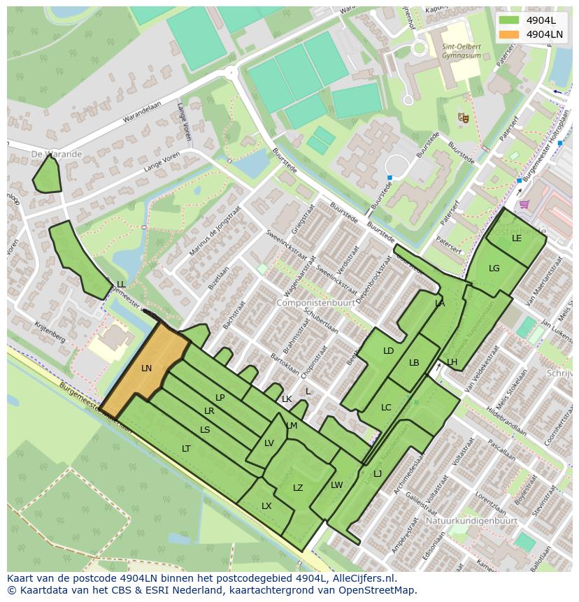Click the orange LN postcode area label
(x=146, y=368)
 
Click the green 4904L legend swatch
(x=510, y=20)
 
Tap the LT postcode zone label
(x=186, y=449)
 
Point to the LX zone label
(x=266, y=506)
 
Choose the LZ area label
(x=298, y=488)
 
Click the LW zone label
(x=337, y=485)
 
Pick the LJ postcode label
(x=378, y=474)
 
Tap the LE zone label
(x=517, y=238)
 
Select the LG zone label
(x=494, y=268)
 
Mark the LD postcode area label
(x=389, y=351)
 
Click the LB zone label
(x=414, y=363)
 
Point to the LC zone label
(x=386, y=408)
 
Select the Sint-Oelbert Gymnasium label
(x=462, y=51)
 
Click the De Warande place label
(x=57, y=154)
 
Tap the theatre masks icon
(x=462, y=118)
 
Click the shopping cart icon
(x=524, y=204)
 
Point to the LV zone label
(x=269, y=443)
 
